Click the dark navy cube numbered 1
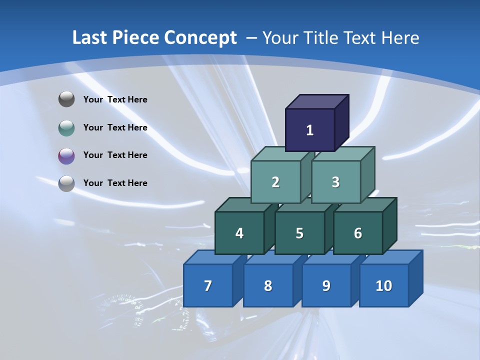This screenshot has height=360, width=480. coord(310,130)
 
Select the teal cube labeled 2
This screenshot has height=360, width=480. coord(275,182)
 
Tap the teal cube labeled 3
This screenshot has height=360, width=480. coord(335,182)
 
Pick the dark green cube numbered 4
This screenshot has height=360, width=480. coord(239,233)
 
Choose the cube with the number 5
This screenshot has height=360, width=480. coord(299,233)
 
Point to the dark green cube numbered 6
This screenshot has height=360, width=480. coord(358,233)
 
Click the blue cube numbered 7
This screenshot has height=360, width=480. coord(208,285)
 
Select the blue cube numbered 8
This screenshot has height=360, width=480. coord(268,285)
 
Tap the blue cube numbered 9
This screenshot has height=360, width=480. coord(326,285)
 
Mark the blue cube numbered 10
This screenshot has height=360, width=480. coord(384,285)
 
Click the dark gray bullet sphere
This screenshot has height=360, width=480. coord(66,99)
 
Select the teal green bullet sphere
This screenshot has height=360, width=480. coord(66,127)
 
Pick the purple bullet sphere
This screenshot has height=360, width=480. coord(66,155)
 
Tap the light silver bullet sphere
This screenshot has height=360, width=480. coord(66,183)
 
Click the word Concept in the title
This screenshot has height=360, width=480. coord(200,38)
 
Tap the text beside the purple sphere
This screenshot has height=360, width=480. coord(115,155)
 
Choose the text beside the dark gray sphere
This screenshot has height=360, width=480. coord(115,99)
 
